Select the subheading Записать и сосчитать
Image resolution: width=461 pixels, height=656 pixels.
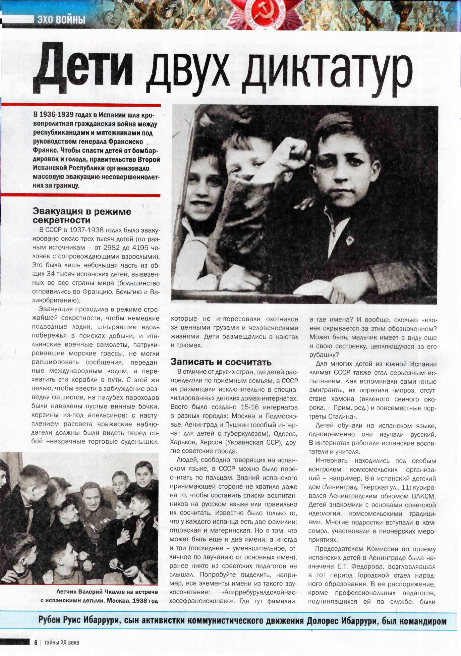221,362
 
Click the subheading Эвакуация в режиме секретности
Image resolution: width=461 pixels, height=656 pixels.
82,216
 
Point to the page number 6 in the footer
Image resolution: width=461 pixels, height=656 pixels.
36,642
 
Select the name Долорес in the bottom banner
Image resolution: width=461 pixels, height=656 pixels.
323,621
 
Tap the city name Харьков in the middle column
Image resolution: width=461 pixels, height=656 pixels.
183,442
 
